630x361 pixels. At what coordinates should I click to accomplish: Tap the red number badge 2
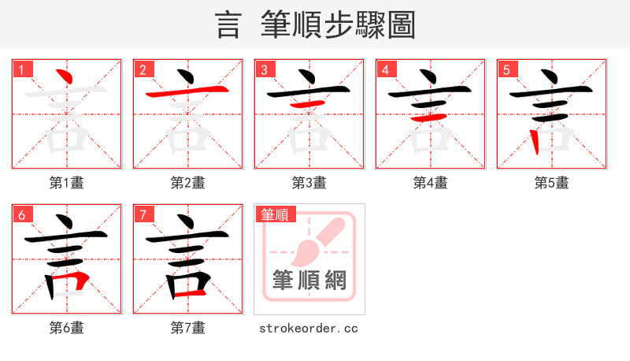(143, 69)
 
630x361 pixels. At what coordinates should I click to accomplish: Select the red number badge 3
(265, 69)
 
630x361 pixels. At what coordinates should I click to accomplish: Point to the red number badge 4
(386, 69)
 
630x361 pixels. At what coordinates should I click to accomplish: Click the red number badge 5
(507, 69)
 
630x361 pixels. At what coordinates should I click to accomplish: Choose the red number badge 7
(143, 214)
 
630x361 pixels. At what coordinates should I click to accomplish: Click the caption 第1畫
(67, 183)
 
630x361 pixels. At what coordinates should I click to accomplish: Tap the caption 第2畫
(188, 183)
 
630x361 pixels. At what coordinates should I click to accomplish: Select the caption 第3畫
(309, 183)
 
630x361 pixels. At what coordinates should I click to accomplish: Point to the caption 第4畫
(431, 183)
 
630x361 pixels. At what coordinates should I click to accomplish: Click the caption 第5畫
(551, 183)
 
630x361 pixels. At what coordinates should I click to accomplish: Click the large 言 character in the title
(228, 25)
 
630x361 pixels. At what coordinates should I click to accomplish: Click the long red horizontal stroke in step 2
(187, 92)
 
